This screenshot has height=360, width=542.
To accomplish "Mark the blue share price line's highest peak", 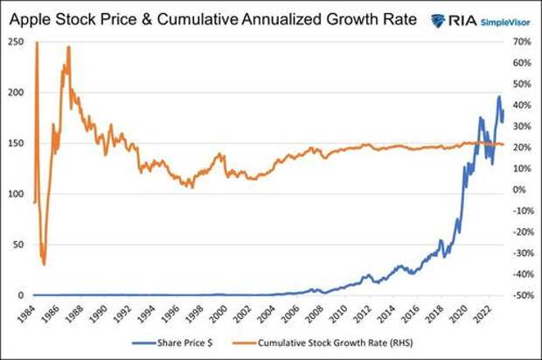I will (499, 96).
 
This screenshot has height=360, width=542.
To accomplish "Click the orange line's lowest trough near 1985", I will (44, 264).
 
